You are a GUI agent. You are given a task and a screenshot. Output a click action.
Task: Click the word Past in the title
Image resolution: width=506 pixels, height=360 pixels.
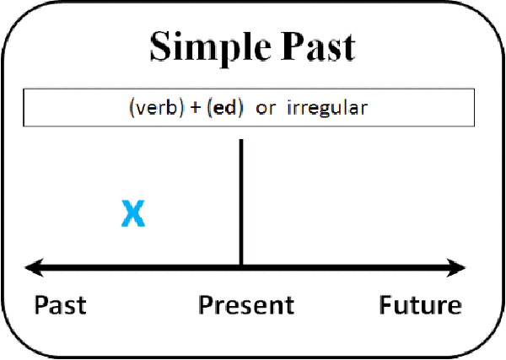coord(318,46)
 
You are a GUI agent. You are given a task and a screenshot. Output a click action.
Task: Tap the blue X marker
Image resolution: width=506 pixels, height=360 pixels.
coord(133,213)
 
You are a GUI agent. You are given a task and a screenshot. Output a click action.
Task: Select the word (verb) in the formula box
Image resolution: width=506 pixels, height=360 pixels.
coord(157,107)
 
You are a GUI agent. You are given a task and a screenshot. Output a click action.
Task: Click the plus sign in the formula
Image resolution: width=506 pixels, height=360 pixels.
coord(196,108)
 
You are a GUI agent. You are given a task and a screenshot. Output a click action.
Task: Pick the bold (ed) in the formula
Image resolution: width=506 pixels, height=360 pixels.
coord(225,107)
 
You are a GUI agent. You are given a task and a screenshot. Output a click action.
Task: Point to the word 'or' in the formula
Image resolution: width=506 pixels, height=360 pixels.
coord(266,109)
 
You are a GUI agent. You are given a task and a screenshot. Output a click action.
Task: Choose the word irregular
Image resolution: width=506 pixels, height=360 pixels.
coord(327,107)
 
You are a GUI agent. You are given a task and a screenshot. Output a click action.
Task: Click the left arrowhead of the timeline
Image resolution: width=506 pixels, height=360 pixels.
coord(35,267)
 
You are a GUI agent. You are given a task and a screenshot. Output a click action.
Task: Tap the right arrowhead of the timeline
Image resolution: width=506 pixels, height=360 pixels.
coord(456,267)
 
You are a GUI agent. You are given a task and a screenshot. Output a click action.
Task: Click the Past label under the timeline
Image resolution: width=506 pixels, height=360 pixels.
coord(61,304)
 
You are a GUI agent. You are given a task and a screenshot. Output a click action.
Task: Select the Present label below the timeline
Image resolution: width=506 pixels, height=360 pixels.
coord(246,304)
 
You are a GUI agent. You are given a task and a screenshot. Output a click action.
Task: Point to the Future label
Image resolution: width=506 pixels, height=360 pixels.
coord(420,304)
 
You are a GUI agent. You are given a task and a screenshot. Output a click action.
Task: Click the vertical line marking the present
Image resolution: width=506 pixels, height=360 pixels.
coord(241,202)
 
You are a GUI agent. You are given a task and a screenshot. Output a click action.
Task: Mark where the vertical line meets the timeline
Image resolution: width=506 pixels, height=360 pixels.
coord(241,267)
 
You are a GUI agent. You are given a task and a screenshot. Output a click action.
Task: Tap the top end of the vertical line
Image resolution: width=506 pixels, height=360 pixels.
coord(241,140)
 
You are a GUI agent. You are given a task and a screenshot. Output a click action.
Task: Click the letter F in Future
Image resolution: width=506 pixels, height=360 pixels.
coord(386,304)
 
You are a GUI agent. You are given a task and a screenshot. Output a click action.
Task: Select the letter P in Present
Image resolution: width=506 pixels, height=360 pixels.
coord(206,304)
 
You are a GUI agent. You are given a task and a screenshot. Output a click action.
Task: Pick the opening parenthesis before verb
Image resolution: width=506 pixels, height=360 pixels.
coord(132,108)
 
